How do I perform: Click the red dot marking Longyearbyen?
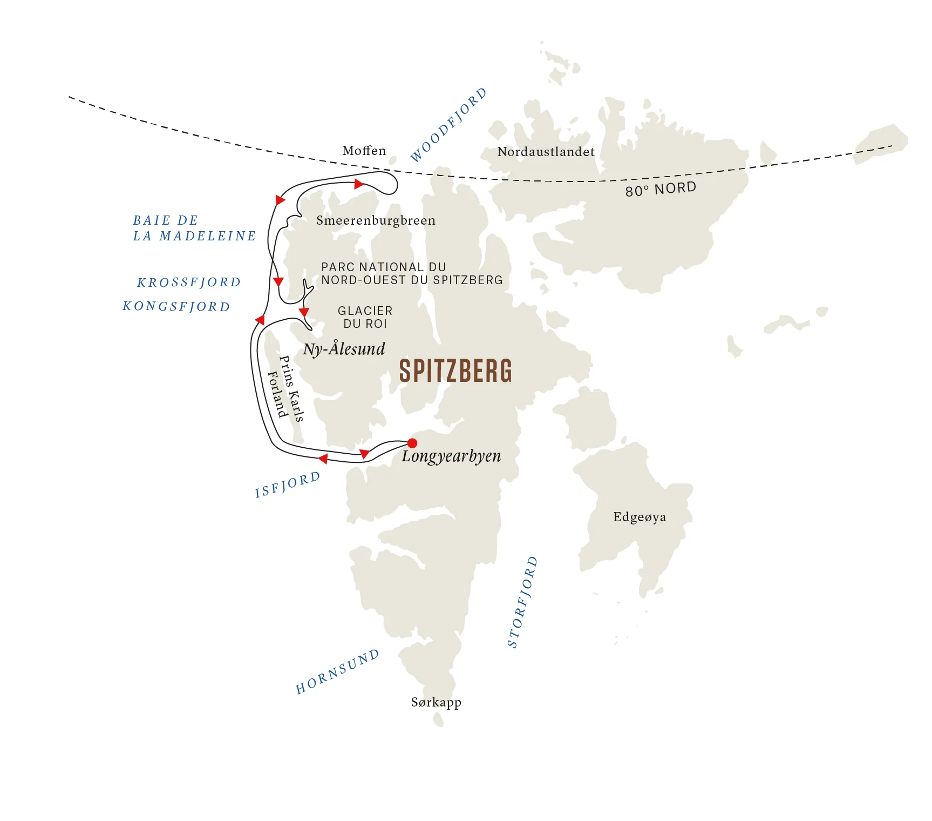pos(412,443)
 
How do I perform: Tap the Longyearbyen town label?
pos(451,456)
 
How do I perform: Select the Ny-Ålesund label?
pos(344,349)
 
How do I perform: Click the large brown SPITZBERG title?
pos(455,371)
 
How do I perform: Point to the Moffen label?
pos(364,151)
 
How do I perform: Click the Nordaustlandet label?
pos(546,152)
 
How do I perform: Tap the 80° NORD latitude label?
pos(661,189)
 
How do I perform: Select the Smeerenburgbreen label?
pos(376,220)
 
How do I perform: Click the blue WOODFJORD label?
pos(448,125)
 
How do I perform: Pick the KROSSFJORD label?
pos(189,282)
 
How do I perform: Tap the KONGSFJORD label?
pos(176,307)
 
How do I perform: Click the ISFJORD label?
pos(288,484)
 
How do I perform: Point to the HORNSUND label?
pos(337,671)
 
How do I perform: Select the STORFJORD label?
pos(522,601)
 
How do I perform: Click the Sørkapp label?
pos(436,702)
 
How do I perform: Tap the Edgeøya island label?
pos(640,517)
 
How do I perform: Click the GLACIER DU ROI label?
pos(365,317)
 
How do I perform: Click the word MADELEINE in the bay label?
pos(208,236)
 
